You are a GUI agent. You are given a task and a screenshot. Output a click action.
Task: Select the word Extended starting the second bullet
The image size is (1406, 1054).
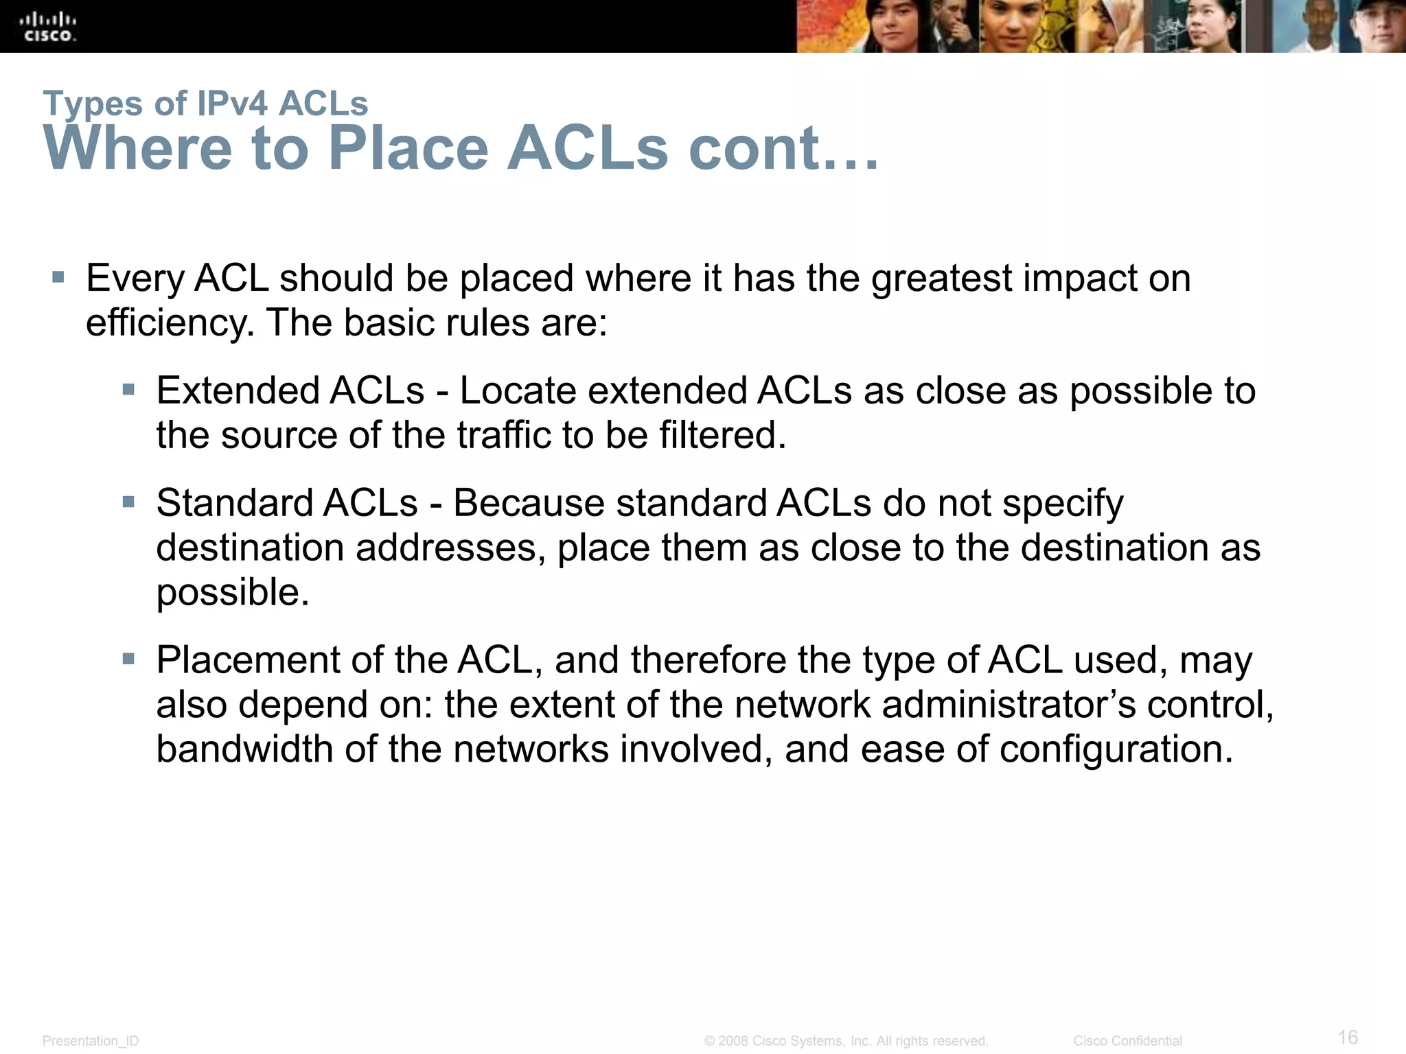238,390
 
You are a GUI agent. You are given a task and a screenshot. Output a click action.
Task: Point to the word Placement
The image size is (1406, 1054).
248,660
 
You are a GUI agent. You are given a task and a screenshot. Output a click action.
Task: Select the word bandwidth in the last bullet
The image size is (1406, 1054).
244,749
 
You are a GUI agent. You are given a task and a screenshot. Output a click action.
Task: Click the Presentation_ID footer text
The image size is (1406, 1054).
91,1041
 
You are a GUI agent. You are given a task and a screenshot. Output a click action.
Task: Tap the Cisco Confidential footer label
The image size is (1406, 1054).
1127,1041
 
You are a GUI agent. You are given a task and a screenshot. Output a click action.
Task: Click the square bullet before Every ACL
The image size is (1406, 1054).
58,278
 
